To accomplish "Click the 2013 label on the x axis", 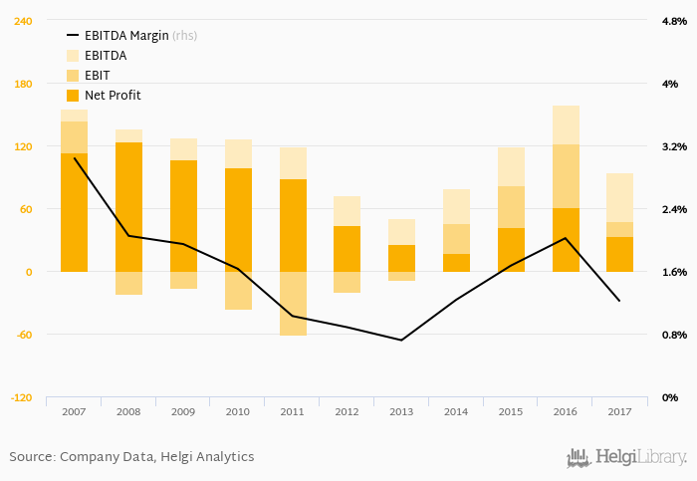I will coord(401,411).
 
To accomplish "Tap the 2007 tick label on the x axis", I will coord(74,411).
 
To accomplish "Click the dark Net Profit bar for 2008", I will coord(128,206).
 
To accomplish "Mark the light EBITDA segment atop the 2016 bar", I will coord(566,124).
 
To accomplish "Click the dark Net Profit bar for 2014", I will coord(456,263).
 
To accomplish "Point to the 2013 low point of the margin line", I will coord(401,341).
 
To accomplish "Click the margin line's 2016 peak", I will coord(566,238).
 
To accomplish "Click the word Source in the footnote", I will coord(30,457).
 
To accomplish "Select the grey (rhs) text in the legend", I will coord(185,36).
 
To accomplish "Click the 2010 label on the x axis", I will coord(238,411).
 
